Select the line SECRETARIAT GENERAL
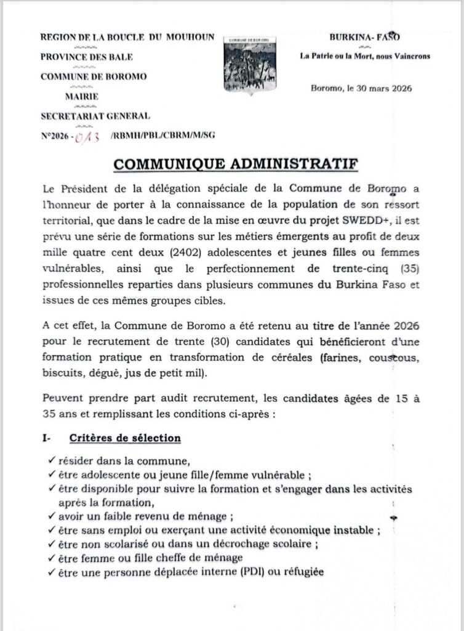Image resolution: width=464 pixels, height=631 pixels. [95, 115]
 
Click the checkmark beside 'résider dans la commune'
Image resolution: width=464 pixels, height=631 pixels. [50, 460]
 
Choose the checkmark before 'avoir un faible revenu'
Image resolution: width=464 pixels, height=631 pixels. [50, 516]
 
